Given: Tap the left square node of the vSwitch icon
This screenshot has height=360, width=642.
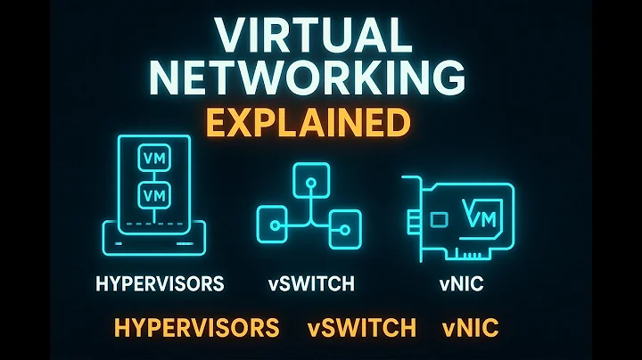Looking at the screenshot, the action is (271, 218).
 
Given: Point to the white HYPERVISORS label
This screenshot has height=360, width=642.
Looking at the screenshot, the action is (160, 284).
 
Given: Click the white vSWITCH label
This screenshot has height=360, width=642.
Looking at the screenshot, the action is (311, 284).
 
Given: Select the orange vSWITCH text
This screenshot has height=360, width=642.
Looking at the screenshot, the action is (361, 327).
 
